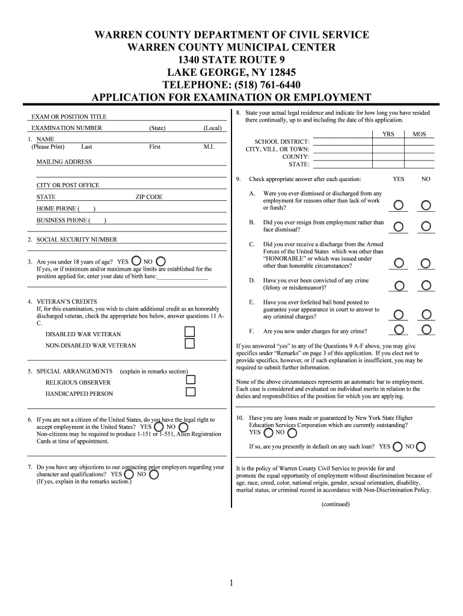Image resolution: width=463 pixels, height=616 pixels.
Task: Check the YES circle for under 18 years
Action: click(136, 261)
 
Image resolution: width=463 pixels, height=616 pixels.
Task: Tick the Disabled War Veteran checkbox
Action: click(190, 332)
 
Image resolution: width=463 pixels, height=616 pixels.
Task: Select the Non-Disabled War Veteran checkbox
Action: click(190, 344)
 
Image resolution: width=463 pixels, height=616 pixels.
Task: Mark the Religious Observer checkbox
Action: click(191, 380)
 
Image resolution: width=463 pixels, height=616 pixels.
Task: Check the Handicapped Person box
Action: click(191, 392)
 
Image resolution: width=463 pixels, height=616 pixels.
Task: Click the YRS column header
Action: click(388, 134)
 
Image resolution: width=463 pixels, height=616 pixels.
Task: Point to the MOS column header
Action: click(419, 134)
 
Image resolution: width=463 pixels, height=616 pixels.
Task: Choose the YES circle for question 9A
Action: click(398, 206)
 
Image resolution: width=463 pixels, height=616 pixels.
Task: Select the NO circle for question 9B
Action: click(426, 227)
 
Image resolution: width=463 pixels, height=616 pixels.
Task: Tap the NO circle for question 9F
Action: click(426, 329)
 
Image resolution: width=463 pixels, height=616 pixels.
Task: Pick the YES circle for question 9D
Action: click(398, 285)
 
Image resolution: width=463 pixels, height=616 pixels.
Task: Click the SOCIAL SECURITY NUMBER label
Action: click(76, 239)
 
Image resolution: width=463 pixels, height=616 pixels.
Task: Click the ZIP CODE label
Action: click(149, 197)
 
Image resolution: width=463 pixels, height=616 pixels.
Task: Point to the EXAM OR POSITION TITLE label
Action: click(69, 117)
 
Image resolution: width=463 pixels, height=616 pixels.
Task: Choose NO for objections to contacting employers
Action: click(154, 475)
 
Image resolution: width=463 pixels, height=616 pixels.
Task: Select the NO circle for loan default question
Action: click(421, 447)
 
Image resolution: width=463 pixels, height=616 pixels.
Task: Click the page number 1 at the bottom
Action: click(231, 582)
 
